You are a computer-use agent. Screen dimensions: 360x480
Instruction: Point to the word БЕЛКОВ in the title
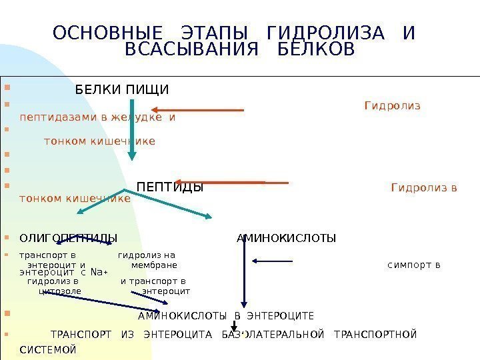tap(316, 50)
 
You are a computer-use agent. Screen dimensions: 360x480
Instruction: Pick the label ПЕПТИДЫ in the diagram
tap(169, 187)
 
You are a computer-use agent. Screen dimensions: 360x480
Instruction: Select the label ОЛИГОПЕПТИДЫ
tap(68, 238)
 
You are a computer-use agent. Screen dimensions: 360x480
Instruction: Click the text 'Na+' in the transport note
tap(99, 271)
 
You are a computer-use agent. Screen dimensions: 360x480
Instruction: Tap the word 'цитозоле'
tap(61, 291)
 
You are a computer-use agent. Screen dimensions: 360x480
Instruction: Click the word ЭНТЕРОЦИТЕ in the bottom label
tap(281, 315)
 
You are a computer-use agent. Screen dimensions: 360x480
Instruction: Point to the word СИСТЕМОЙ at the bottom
tap(49, 349)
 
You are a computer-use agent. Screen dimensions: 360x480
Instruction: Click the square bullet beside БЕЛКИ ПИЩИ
tap(6, 87)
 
